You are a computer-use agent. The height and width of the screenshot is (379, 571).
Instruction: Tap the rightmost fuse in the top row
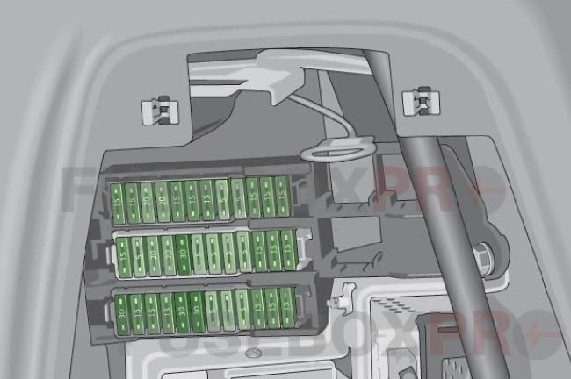click(282, 197)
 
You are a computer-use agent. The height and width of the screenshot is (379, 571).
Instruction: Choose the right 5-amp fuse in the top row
click(238, 199)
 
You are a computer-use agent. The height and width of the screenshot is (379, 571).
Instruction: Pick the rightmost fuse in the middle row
click(288, 250)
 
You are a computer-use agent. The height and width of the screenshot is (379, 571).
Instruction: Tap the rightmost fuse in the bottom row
click(287, 307)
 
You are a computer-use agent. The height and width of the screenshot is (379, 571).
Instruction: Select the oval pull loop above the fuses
click(332, 152)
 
